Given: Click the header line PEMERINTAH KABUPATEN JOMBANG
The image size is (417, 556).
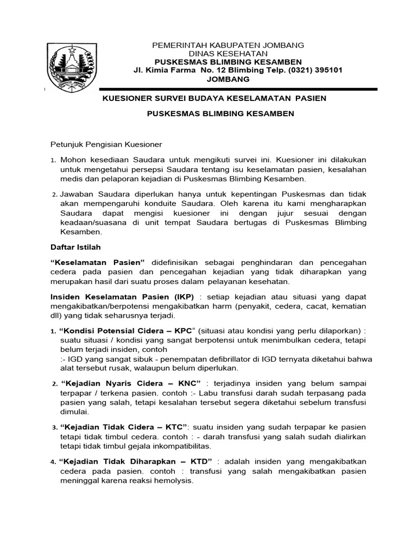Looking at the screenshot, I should point(228,45).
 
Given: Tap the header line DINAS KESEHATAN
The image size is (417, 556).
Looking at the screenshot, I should point(228,53).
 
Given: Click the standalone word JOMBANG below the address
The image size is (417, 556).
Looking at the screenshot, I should point(229,79).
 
